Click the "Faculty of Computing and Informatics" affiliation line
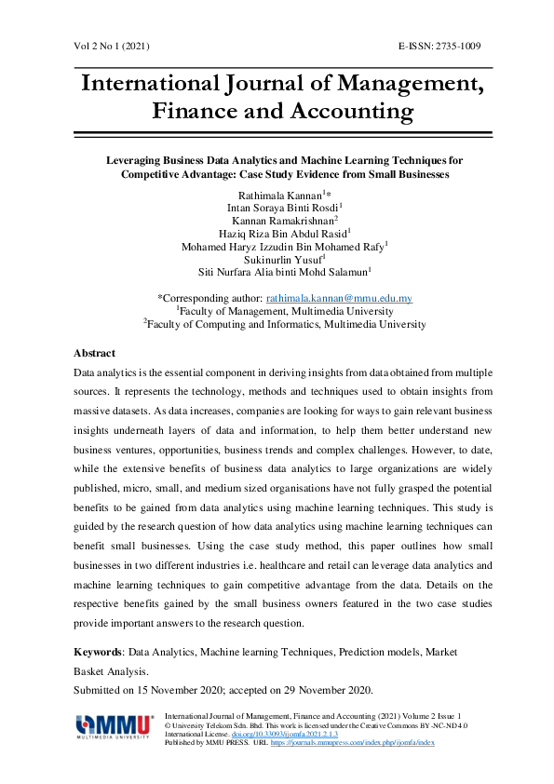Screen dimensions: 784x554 click(286, 324)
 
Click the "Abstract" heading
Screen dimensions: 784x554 click(94, 353)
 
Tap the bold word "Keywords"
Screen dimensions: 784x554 click(98, 654)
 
